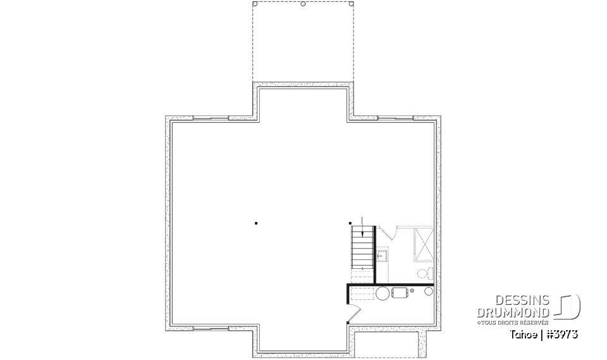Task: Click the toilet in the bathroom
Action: click(x=423, y=273)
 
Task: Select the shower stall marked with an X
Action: click(x=424, y=244)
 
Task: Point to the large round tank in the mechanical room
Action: click(x=383, y=293)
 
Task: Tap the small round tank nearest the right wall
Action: click(x=429, y=292)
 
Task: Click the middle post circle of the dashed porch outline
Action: click(x=303, y=4)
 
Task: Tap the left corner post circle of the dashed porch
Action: click(x=255, y=4)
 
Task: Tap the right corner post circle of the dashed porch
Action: click(x=351, y=4)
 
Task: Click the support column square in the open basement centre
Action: click(x=256, y=223)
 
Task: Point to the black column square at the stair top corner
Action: click(x=351, y=223)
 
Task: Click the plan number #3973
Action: click(x=562, y=333)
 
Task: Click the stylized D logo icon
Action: click(x=568, y=306)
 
